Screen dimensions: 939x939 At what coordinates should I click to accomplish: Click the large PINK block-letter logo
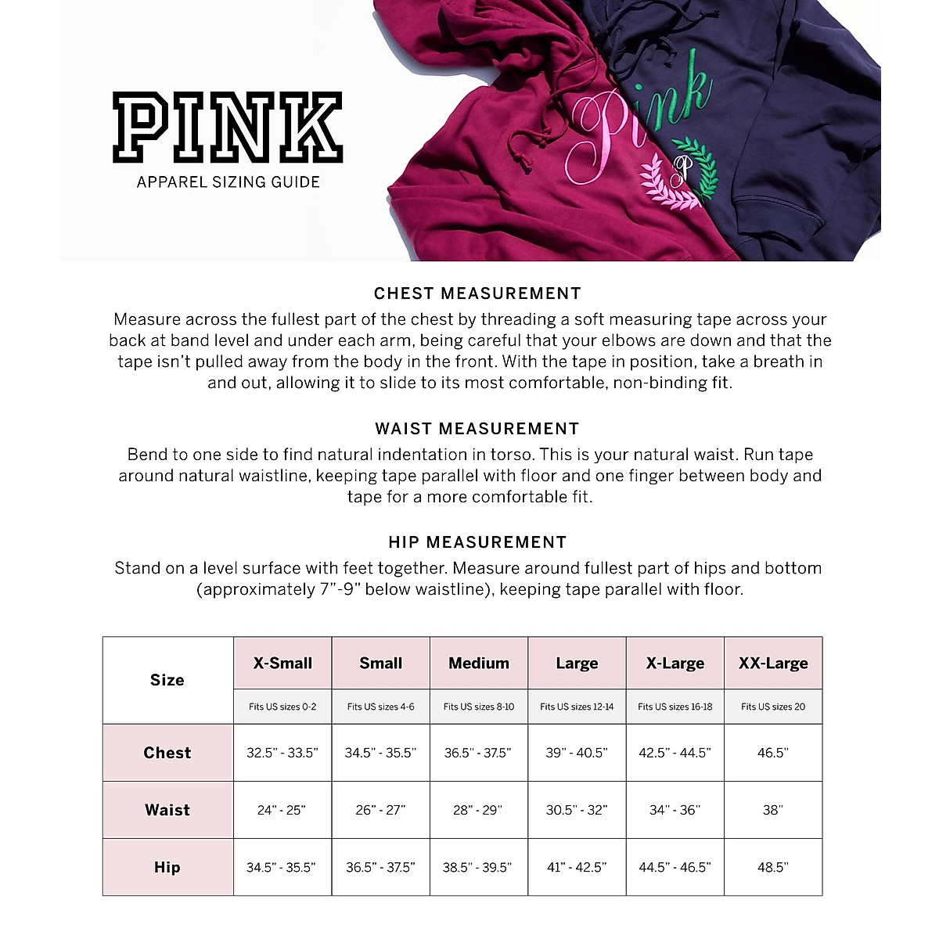point(228,128)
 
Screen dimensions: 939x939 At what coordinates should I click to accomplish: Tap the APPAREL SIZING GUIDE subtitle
point(228,182)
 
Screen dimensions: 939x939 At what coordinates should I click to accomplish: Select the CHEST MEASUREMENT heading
point(477,293)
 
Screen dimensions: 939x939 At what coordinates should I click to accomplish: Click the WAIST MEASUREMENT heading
point(477,429)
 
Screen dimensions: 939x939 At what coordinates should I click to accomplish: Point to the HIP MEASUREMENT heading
point(477,542)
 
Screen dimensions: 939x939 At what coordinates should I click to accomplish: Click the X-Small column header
point(282,664)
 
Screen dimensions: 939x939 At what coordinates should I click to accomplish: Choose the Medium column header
point(479,664)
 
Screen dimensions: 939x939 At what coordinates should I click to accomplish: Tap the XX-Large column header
point(773,664)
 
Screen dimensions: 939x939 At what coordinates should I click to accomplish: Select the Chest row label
point(167,753)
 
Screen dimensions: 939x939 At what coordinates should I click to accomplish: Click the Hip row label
point(167,867)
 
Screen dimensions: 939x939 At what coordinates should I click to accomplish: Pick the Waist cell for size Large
point(577,810)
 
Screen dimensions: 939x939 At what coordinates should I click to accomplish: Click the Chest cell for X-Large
point(675,753)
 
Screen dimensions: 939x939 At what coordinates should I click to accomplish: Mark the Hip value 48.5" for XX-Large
point(773,867)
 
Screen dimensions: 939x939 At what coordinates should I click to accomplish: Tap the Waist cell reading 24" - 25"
point(282,810)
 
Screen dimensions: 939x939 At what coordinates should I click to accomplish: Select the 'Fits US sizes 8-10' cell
point(479,707)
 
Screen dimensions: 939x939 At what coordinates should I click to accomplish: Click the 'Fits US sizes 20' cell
point(773,707)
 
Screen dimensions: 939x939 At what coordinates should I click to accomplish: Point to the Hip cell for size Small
point(380,867)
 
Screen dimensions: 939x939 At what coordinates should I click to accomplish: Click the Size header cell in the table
point(167,680)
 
